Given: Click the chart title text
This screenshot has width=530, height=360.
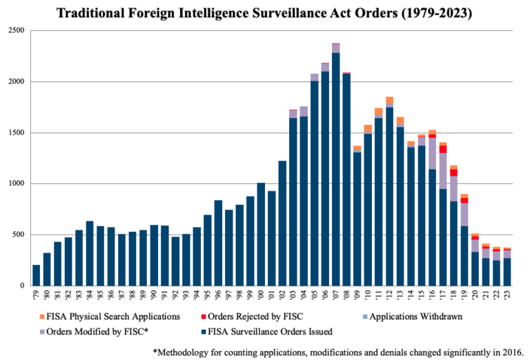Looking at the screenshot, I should coord(264,13).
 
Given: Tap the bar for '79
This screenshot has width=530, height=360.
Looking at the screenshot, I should coord(36,275).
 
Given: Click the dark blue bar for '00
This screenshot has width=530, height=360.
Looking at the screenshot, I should coord(261,234).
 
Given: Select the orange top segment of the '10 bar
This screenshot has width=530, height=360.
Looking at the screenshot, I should coord(368,129).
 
